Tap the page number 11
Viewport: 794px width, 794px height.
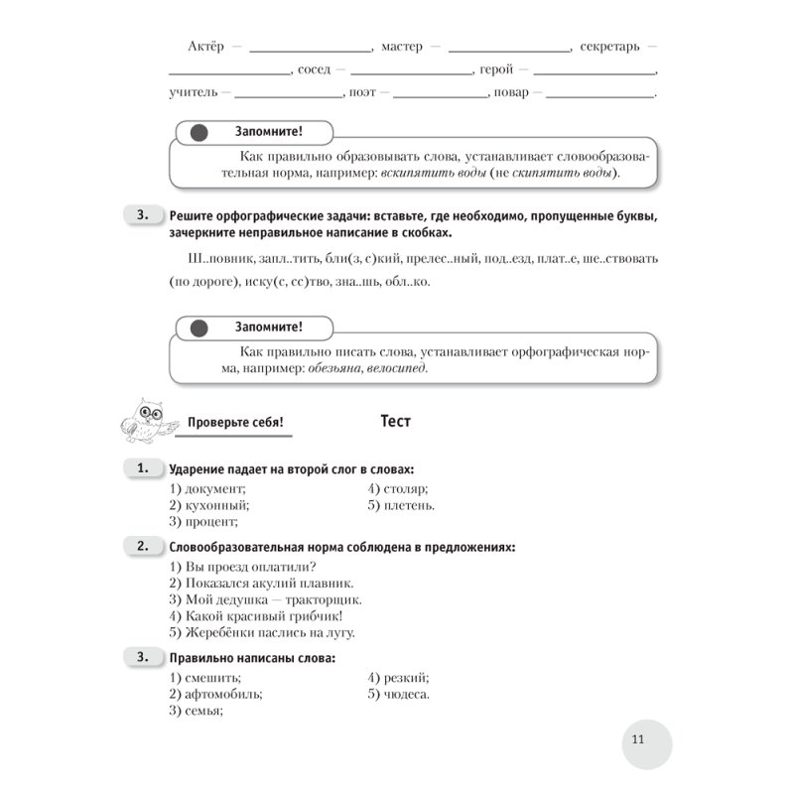(637, 738)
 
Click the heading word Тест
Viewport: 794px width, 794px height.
(396, 421)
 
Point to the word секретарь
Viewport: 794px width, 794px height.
(613, 47)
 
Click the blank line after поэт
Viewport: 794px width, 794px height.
(436, 95)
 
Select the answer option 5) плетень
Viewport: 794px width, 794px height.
(400, 504)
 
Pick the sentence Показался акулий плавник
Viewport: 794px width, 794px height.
(262, 584)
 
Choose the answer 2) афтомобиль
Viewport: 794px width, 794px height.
(215, 695)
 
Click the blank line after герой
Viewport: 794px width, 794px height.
(595, 71)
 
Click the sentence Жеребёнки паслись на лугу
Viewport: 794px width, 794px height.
(262, 631)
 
